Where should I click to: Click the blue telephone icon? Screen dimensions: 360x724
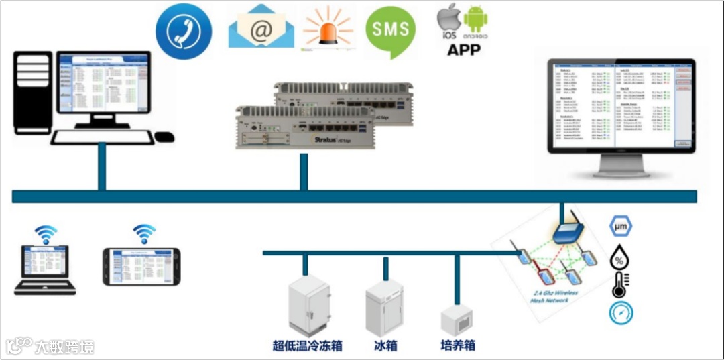pyautogui.click(x=184, y=31)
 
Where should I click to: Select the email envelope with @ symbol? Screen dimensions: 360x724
pyautogui.click(x=261, y=27)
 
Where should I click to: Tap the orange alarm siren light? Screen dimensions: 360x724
pyautogui.click(x=328, y=29)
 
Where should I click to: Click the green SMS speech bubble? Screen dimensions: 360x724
pyautogui.click(x=391, y=29)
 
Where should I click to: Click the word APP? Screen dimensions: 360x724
pyautogui.click(x=464, y=49)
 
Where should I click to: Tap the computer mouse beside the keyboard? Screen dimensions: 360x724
pyautogui.click(x=164, y=137)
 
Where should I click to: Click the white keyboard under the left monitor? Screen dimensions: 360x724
pyautogui.click(x=102, y=137)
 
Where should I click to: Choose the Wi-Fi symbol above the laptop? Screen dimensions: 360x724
pyautogui.click(x=46, y=234)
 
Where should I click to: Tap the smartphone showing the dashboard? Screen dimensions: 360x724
pyautogui.click(x=141, y=267)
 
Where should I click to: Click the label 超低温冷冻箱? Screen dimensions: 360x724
pyautogui.click(x=308, y=346)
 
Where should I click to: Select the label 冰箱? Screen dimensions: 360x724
pyautogui.click(x=385, y=346)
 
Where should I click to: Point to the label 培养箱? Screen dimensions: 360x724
pyautogui.click(x=458, y=346)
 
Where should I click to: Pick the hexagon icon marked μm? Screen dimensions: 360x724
pyautogui.click(x=620, y=226)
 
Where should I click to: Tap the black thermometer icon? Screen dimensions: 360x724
pyautogui.click(x=620, y=285)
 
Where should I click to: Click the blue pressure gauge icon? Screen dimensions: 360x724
pyautogui.click(x=621, y=313)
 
